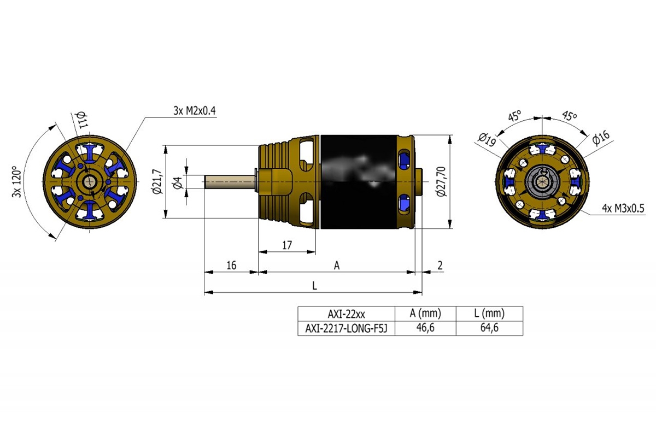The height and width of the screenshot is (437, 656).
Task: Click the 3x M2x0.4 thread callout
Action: [x=195, y=111]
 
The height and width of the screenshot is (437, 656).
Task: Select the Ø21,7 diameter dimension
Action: [x=157, y=182]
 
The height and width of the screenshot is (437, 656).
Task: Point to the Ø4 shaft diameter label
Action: [x=177, y=182]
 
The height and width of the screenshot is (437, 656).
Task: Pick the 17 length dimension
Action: [x=286, y=245]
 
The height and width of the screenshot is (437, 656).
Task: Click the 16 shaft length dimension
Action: [x=231, y=265]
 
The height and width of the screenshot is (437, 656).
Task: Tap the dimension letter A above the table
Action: [x=337, y=265]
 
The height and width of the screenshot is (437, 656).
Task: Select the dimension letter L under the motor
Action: [x=314, y=286]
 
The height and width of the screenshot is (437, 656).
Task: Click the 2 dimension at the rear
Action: [x=441, y=265]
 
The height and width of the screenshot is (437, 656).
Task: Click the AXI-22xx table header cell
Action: [x=346, y=314]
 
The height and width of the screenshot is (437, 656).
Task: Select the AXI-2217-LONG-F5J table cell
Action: [x=346, y=328]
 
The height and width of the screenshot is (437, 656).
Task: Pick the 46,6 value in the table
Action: [x=425, y=328]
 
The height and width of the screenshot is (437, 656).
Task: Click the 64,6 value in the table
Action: [x=488, y=328]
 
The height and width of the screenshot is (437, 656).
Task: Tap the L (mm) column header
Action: [x=488, y=314]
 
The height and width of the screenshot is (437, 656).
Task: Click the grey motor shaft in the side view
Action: [x=230, y=181]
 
